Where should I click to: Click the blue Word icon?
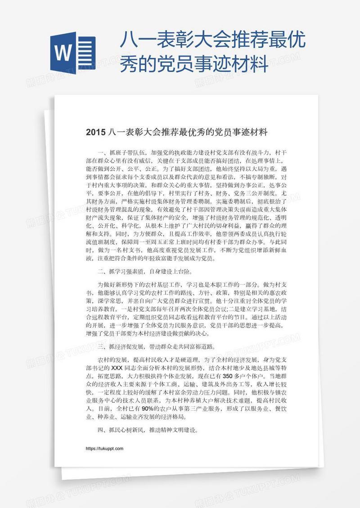point(74,53)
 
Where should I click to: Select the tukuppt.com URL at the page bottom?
point(104,449)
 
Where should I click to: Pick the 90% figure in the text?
point(148,408)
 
